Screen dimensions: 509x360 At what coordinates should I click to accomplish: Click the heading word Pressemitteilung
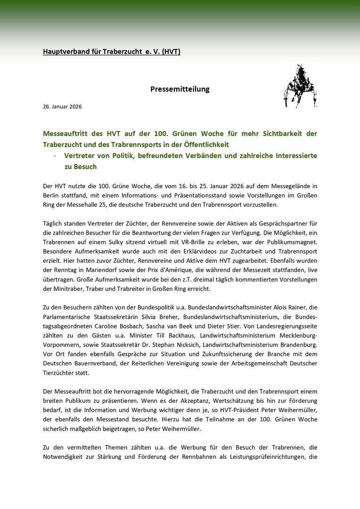[180, 89]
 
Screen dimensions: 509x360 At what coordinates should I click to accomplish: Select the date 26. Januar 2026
[62, 106]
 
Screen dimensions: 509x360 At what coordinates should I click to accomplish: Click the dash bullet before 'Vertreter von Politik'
[56, 155]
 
